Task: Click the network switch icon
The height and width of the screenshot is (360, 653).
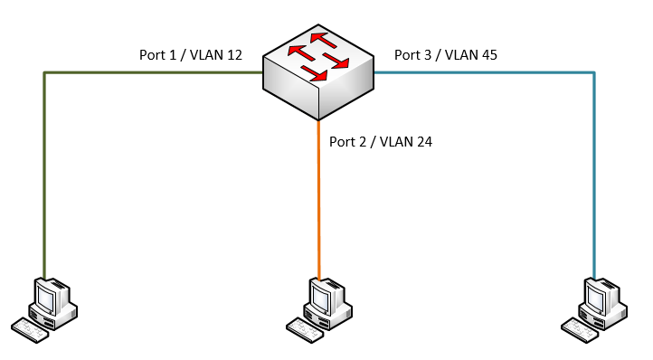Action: (x=318, y=72)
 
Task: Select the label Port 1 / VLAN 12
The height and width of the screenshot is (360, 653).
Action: (x=191, y=55)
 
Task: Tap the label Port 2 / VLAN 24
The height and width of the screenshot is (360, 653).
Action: (x=381, y=142)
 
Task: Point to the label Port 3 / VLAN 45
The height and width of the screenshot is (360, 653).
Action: (x=446, y=55)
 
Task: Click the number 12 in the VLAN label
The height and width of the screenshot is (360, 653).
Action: (x=232, y=55)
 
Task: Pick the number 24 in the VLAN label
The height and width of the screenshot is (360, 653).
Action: (x=423, y=142)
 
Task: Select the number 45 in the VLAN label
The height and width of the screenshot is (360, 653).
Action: (x=488, y=55)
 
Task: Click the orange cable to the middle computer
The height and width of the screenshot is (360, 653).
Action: (x=319, y=200)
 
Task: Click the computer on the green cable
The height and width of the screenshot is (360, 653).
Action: (x=44, y=310)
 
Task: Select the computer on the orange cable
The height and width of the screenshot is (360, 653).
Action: (x=319, y=310)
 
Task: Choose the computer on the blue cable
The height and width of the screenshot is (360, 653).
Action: (x=594, y=310)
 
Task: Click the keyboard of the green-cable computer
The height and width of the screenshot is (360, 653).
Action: (x=30, y=330)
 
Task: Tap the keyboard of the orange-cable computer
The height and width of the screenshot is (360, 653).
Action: (x=305, y=330)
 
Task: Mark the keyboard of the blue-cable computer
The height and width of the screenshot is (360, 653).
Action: (x=580, y=330)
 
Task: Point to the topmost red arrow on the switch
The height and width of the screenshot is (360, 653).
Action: (x=323, y=40)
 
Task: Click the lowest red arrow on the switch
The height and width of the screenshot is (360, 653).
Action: (x=314, y=73)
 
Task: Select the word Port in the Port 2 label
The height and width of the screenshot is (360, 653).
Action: (x=342, y=142)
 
